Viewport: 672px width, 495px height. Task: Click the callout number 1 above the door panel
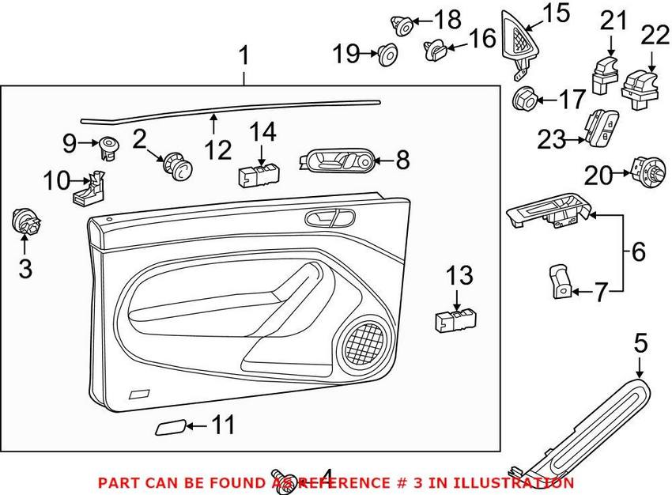[x=244, y=56]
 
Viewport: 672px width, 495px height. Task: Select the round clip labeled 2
[x=176, y=167]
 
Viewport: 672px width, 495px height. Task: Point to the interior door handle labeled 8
[x=337, y=161]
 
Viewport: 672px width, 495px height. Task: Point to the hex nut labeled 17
[x=524, y=100]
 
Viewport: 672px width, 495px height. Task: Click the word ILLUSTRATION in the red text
[x=516, y=482]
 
